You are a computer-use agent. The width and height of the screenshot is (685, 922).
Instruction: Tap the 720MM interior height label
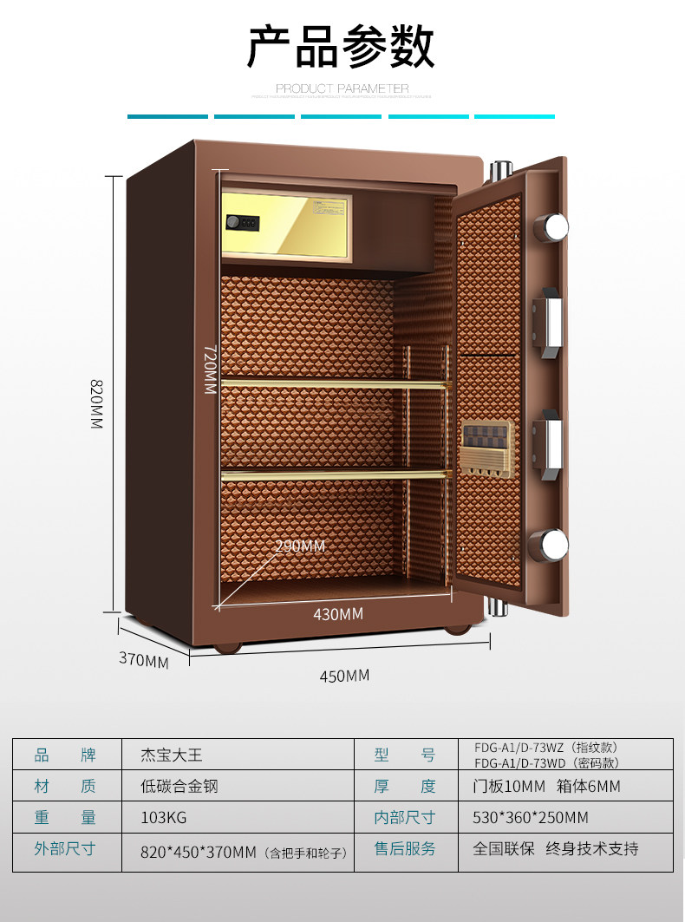coord(209,369)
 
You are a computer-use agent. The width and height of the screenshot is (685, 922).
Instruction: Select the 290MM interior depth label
coord(300,546)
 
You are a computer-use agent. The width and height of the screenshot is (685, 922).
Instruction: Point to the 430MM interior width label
coord(337,614)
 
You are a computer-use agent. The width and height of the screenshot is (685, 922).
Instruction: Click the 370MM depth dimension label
coord(143,660)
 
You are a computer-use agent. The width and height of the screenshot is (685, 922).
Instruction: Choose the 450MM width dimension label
coord(344,675)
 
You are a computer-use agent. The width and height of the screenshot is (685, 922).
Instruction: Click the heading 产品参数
coord(341,47)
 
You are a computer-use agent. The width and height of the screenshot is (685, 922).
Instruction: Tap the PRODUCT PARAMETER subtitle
coord(342,88)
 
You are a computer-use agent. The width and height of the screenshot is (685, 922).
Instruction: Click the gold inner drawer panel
coord(287,224)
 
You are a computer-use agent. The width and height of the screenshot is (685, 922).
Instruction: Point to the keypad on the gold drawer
coord(244,223)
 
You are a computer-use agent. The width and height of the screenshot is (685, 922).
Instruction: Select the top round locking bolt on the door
coord(552,227)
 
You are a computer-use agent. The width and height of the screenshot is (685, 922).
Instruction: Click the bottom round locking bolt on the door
coord(552,544)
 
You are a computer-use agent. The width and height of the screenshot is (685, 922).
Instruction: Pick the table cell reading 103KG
coord(164,817)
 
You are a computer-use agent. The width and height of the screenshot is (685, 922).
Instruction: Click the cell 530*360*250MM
coord(531,817)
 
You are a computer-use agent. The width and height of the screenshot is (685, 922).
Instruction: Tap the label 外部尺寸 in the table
coord(64,848)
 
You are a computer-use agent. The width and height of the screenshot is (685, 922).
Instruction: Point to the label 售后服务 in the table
coord(405,848)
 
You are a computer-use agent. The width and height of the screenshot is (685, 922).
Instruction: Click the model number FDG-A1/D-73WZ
coord(546,748)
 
